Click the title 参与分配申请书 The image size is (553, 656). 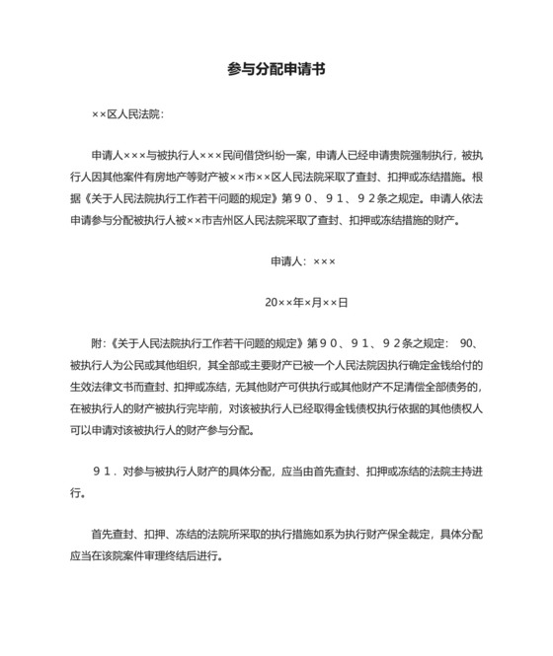click(x=276, y=69)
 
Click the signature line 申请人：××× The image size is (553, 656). click(x=303, y=261)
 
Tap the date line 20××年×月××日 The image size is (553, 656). click(x=305, y=302)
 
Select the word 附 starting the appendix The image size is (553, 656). click(x=96, y=343)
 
